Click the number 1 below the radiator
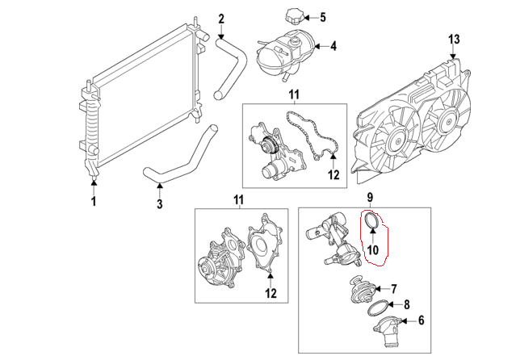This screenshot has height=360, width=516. pyautogui.click(x=94, y=200)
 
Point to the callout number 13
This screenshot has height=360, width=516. pyautogui.click(x=453, y=40)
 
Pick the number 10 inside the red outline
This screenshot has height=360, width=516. pyautogui.click(x=372, y=250)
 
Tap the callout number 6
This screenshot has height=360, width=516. pyautogui.click(x=420, y=320)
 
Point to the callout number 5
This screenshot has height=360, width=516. pyautogui.click(x=323, y=17)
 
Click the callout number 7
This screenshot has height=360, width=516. pyautogui.click(x=394, y=287)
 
